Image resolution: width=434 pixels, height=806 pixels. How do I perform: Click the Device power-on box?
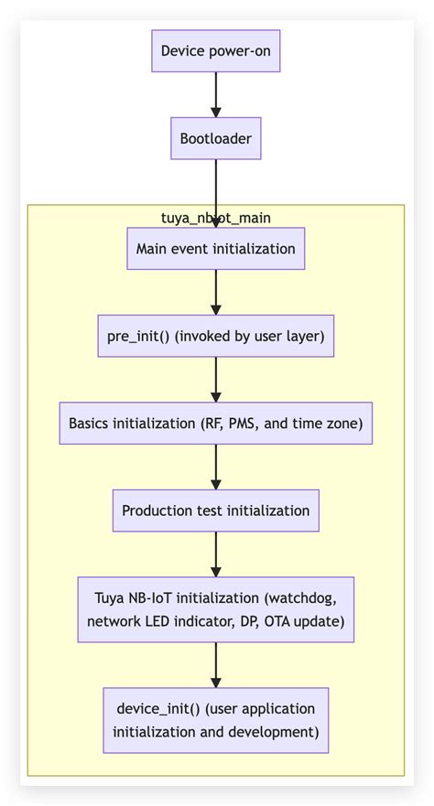tap(215, 51)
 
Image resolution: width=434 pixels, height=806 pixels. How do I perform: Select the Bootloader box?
tap(215, 140)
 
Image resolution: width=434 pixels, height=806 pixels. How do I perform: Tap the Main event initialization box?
tap(215, 249)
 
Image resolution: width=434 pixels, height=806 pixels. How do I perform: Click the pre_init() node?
tap(215, 337)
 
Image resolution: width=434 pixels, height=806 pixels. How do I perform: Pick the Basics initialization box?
tap(215, 424)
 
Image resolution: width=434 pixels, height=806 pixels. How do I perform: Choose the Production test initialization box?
tap(215, 510)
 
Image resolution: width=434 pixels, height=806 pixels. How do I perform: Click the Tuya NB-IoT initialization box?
tap(215, 610)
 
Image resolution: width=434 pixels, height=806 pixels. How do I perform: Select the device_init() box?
tap(215, 720)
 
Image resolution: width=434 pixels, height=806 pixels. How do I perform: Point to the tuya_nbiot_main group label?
tap(215, 218)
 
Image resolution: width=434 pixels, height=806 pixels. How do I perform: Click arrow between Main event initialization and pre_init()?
tap(215, 293)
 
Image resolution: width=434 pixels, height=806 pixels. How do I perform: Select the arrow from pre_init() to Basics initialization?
tap(215, 380)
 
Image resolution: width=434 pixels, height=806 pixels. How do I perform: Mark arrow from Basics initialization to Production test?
tap(215, 467)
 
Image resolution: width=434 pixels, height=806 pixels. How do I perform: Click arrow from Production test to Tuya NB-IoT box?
tap(215, 554)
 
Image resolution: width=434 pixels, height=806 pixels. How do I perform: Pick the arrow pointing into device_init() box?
tap(215, 665)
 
